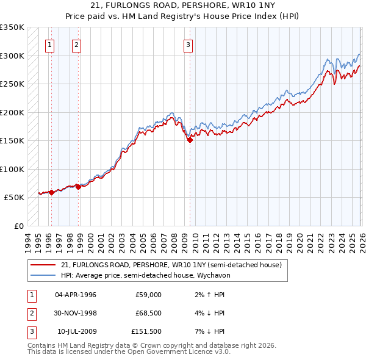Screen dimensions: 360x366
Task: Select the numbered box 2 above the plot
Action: [76, 44]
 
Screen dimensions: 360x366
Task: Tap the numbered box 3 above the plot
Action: [188, 44]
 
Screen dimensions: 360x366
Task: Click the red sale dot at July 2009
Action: [190, 140]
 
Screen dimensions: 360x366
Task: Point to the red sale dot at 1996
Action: [51, 192]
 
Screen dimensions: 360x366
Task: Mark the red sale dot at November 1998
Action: [79, 187]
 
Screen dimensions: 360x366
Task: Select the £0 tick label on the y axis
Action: [18, 226]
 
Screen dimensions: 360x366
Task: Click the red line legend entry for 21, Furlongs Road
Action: [171, 265]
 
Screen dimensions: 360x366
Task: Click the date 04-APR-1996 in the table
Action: [76, 295]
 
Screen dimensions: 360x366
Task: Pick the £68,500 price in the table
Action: [146, 313]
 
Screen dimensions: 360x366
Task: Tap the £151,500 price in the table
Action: [146, 331]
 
